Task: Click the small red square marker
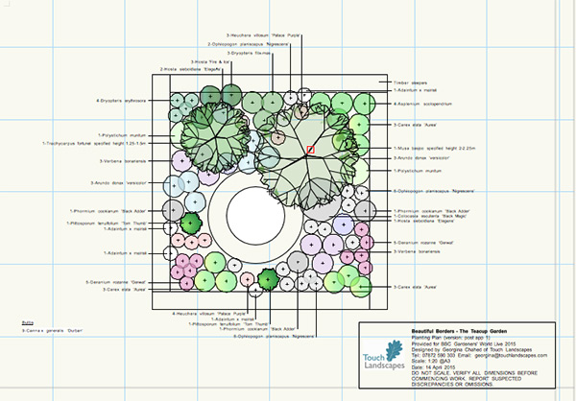[x=310, y=150]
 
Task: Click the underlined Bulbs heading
[x=28, y=323]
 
